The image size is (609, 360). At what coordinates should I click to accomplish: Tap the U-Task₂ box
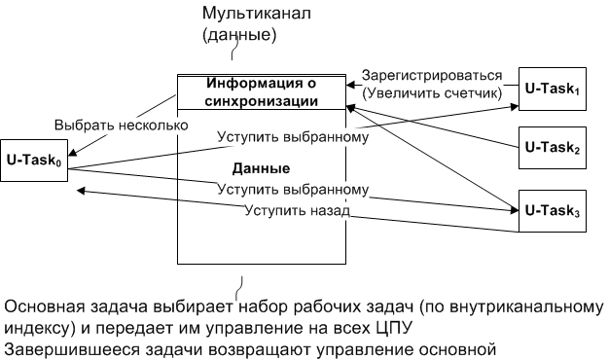coord(553,148)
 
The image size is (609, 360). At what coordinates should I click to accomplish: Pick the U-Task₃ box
coord(553,210)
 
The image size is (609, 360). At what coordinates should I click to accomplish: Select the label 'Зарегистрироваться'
coord(432,76)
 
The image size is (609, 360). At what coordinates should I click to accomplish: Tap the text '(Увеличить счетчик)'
coord(432,93)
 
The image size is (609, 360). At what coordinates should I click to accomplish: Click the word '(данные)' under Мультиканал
coord(239,35)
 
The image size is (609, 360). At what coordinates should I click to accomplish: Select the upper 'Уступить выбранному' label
coord(293,136)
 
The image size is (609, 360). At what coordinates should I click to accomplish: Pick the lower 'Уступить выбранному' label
coord(293,189)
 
